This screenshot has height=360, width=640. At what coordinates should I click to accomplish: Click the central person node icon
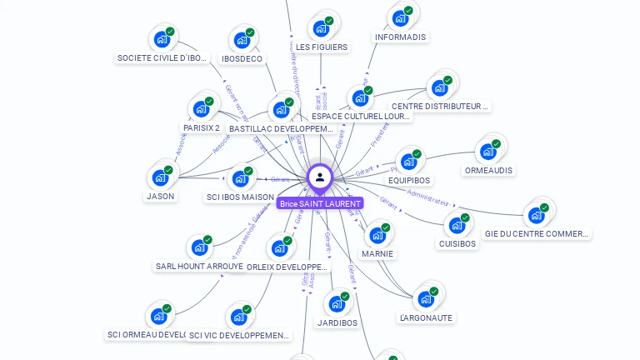coord(320,177)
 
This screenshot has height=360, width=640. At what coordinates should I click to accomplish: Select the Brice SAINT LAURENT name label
coord(320,203)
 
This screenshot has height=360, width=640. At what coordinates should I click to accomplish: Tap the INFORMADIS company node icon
coord(401,18)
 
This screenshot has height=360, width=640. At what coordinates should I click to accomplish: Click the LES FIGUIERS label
coord(322,47)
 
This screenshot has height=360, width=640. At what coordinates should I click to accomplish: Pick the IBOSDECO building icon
coord(242,40)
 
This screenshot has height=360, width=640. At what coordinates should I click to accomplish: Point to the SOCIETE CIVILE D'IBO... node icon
coord(162,39)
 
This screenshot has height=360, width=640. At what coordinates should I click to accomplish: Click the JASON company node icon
coord(160,177)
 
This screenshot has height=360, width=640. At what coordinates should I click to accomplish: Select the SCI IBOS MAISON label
coord(240,197)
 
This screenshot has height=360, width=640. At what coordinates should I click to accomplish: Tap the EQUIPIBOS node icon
coord(408,162)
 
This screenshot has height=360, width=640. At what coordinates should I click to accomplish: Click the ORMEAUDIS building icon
coord(488,152)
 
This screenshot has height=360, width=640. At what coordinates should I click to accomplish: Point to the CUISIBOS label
coord(457,244)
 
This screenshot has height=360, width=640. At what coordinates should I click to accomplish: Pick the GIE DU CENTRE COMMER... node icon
coord(537,215)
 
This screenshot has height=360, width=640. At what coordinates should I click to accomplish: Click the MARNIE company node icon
coord(377,235)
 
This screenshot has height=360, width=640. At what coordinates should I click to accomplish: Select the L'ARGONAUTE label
coord(426,317)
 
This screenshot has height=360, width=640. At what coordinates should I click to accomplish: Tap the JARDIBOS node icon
coord(337,303)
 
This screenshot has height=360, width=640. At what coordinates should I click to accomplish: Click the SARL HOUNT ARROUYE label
coord(200,267)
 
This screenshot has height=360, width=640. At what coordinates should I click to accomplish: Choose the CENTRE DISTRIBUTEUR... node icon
coord(440,87)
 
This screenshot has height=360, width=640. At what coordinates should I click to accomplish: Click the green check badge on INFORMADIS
coord(409,11)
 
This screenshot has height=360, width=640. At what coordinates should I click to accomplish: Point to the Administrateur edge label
coord(429,197)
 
